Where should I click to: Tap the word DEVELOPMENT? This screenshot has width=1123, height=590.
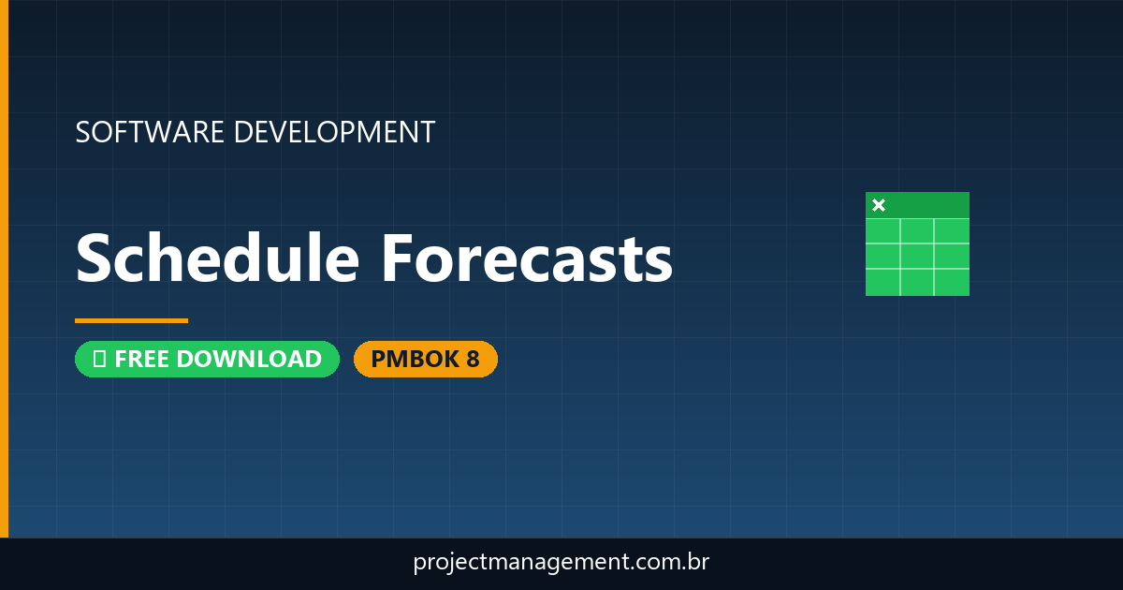tap(334, 132)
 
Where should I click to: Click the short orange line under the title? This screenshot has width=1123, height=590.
tap(131, 320)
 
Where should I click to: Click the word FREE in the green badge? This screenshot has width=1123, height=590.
tap(142, 359)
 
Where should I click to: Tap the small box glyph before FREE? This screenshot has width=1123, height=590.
tap(99, 359)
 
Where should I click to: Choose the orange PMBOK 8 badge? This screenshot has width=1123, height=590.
tap(425, 359)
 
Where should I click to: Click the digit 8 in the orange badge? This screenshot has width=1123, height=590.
tap(473, 359)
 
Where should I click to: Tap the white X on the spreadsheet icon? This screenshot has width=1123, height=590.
tap(878, 205)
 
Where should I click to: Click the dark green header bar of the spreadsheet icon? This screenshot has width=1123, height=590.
tap(926, 204)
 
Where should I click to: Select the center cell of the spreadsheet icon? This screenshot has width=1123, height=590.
tap(917, 256)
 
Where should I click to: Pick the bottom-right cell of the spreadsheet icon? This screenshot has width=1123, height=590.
tap(952, 282)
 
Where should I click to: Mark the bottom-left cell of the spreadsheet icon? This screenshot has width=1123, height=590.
tap(882, 282)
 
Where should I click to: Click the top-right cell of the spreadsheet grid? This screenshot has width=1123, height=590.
tap(952, 230)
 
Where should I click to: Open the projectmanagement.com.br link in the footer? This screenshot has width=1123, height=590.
tap(561, 563)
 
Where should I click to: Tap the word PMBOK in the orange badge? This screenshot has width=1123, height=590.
tap(409, 359)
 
